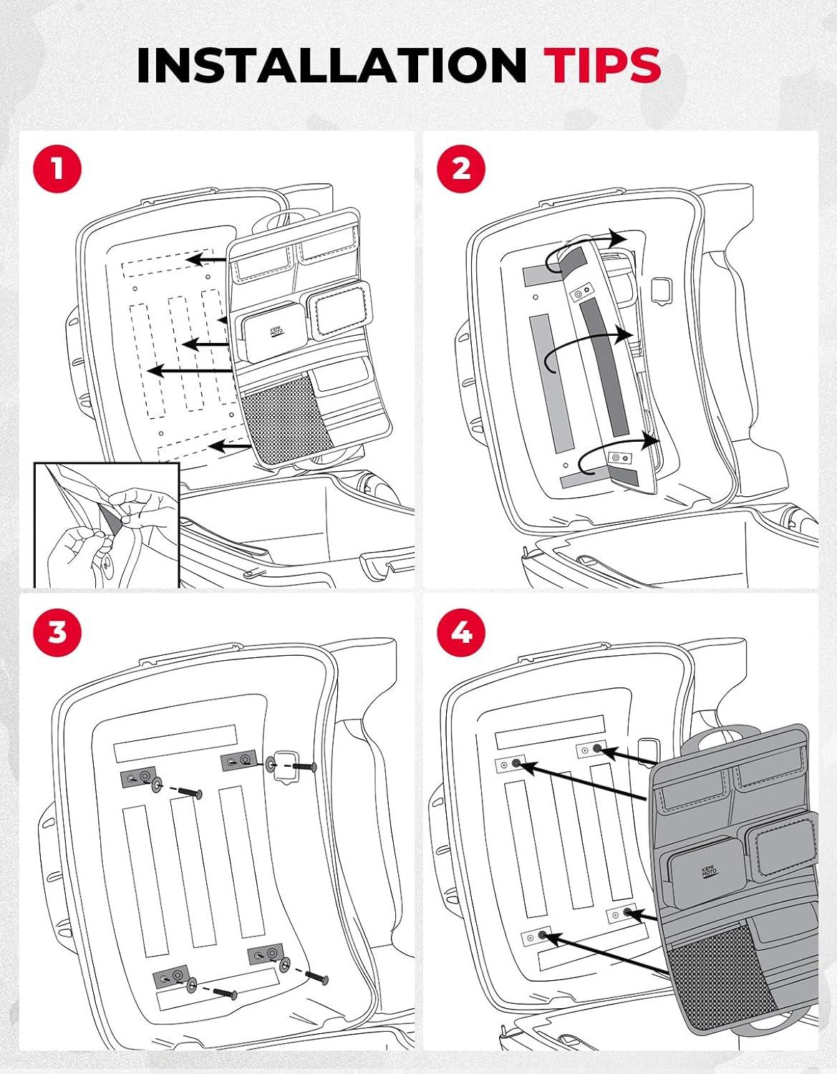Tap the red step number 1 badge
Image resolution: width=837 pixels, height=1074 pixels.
[57, 170]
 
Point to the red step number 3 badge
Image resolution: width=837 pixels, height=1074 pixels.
[57, 633]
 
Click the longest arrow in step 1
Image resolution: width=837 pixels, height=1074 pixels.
[193, 370]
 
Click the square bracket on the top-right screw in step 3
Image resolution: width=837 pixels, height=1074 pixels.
[284, 763]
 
